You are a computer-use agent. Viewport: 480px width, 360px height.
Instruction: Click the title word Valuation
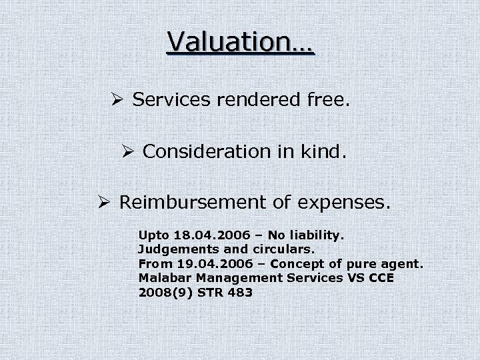(240, 41)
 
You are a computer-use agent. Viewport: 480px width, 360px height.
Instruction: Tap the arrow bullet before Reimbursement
(105, 202)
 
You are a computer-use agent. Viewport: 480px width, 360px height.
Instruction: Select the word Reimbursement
(199, 202)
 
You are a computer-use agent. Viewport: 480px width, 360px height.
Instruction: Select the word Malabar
(162, 277)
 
